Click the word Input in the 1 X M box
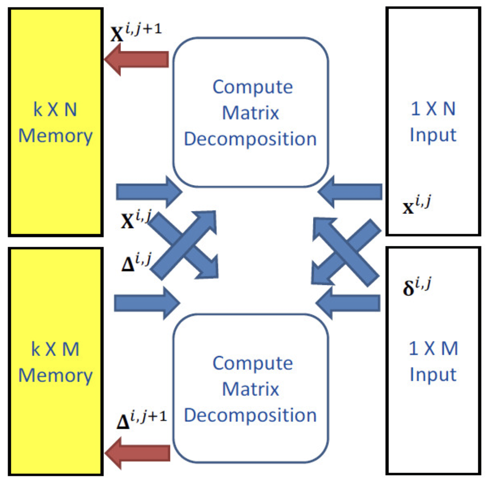433,375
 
